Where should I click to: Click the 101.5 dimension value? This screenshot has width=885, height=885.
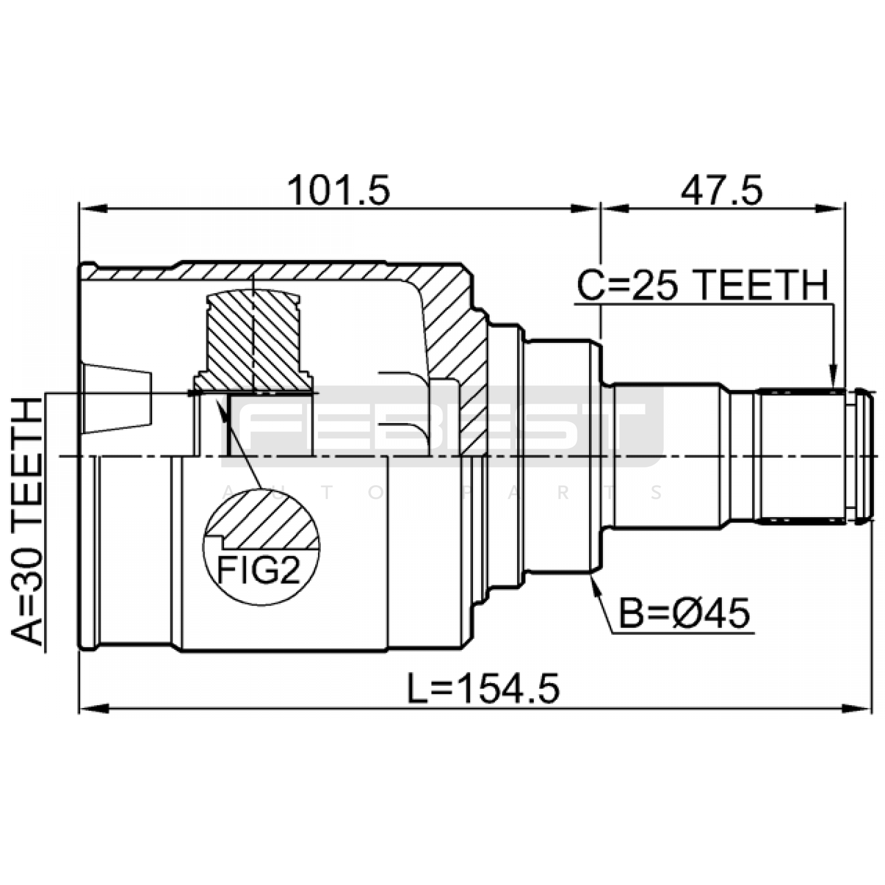pyautogui.click(x=339, y=190)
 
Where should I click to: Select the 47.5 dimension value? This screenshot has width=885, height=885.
pyautogui.click(x=722, y=190)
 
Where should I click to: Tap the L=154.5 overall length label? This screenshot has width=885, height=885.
pyautogui.click(x=484, y=688)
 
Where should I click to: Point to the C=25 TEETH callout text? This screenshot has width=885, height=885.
pyautogui.click(x=702, y=285)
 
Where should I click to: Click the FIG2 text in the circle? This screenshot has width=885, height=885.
pyautogui.click(x=258, y=570)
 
